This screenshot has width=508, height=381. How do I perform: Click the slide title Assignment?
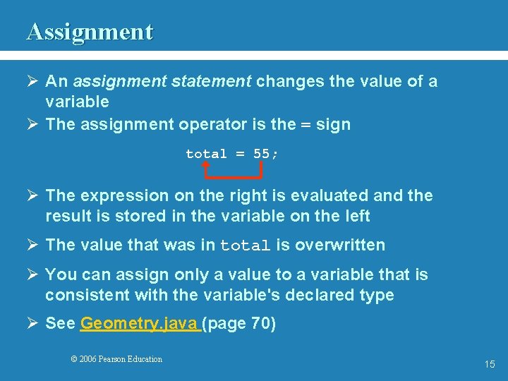[x=90, y=32]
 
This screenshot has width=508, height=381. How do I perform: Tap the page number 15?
[x=490, y=364]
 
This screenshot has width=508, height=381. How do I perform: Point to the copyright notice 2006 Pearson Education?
[x=116, y=359]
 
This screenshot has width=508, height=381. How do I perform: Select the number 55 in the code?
[x=262, y=154]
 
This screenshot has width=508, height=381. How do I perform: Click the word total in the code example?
[x=206, y=154]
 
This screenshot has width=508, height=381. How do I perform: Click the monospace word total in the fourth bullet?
[x=246, y=246]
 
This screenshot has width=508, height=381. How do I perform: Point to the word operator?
[x=212, y=125]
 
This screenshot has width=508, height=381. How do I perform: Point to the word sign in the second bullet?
[x=334, y=125]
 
